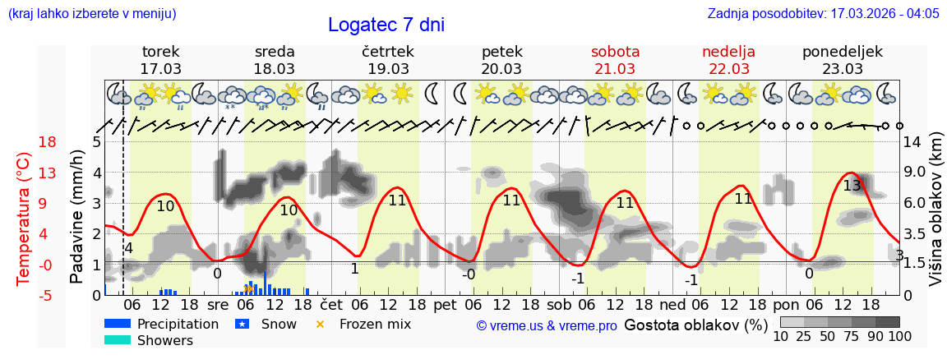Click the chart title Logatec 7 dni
click(x=386, y=25)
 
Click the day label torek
click(x=160, y=52)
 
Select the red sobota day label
click(x=615, y=52)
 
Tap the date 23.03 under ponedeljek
click(x=842, y=69)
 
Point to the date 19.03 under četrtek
click(x=388, y=69)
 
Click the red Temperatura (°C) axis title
click(x=24, y=219)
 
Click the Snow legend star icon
click(x=243, y=324)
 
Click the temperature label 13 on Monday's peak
click(x=852, y=186)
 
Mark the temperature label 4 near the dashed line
click(x=128, y=248)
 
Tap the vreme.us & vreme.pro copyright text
click(x=546, y=326)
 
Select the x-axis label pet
click(x=445, y=304)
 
